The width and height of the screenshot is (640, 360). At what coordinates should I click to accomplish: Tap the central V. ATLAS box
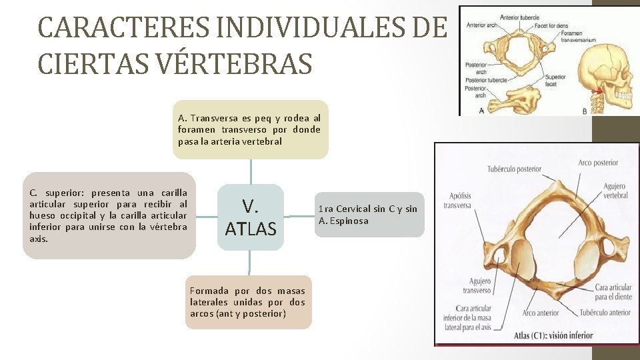point(250,217)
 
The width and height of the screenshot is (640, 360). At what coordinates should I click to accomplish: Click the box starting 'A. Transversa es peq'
point(250,130)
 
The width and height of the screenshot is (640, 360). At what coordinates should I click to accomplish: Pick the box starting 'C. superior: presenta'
point(109,215)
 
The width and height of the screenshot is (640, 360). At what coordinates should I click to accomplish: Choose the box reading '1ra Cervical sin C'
point(367,215)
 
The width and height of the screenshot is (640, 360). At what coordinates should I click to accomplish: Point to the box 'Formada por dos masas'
point(248,302)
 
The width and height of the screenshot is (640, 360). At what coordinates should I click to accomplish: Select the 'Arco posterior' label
point(597,162)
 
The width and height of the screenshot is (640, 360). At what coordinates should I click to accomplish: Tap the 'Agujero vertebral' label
point(614,191)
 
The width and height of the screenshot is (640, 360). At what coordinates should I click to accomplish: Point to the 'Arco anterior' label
point(540,313)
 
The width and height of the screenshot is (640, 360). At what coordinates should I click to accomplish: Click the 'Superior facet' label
point(555,81)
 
